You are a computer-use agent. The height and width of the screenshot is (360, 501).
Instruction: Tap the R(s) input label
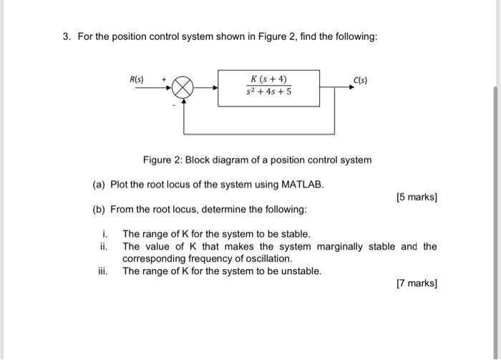(x=135, y=79)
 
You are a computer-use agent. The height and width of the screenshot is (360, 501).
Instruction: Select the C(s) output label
(x=360, y=80)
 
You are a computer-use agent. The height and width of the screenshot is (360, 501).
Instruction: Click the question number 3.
(x=65, y=37)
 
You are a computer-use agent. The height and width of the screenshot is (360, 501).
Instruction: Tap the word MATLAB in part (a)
(x=303, y=185)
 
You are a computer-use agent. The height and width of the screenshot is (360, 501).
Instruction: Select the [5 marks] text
(x=417, y=197)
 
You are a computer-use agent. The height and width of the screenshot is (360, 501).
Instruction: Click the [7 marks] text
(x=417, y=284)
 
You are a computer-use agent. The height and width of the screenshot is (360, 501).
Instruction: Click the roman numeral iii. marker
(x=104, y=271)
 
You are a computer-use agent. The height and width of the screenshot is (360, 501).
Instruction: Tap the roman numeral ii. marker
(x=104, y=247)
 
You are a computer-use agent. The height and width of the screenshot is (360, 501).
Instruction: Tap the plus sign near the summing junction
(x=164, y=78)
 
